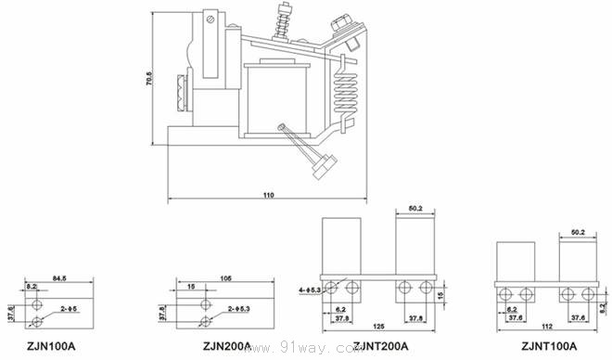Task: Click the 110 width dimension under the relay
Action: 269,196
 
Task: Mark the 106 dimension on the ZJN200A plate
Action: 225,276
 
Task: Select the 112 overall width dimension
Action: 547,327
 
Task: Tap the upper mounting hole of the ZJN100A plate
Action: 36,303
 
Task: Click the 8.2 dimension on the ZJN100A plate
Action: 32,288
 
